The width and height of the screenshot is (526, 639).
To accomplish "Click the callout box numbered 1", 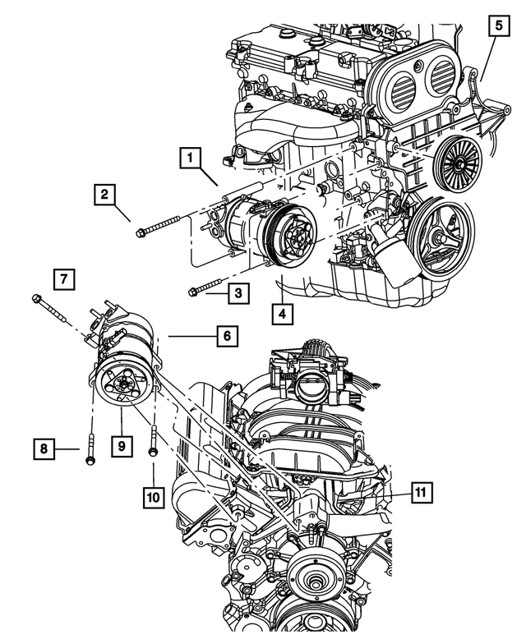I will click(x=190, y=155).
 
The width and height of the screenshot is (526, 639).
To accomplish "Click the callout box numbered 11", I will click(x=420, y=492).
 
